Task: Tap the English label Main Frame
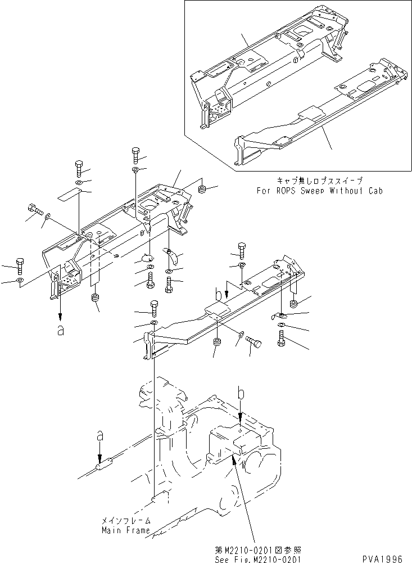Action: tap(125, 530)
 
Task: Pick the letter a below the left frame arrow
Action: tap(60, 331)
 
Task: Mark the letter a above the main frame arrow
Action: tap(99, 435)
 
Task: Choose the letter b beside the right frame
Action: tap(218, 293)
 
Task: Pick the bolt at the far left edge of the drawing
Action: tap(19, 265)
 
